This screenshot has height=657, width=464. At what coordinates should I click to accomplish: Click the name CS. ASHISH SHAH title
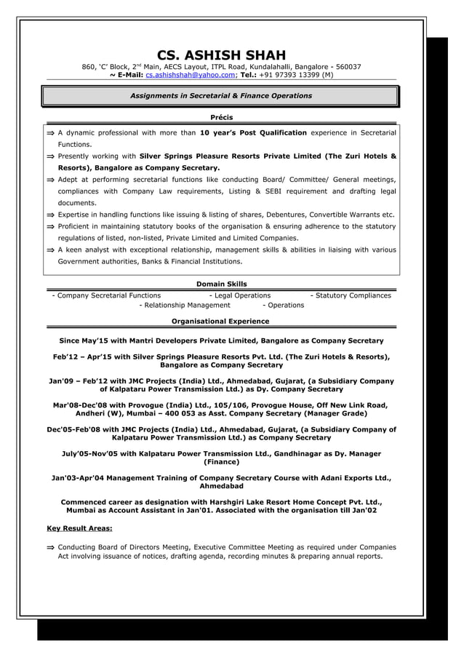point(221,55)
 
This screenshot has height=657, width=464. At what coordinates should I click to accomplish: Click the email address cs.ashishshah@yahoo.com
point(191,74)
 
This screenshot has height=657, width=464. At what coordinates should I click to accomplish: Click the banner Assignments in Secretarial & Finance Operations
point(220,95)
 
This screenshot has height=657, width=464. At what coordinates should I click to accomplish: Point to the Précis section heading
point(221,116)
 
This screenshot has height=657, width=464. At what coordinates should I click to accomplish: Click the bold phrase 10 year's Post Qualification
point(253,133)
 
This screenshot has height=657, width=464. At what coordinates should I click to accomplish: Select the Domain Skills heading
point(221,284)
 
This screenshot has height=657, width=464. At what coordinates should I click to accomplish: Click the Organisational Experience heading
point(220,321)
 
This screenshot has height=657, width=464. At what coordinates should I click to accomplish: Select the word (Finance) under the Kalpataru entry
point(221,462)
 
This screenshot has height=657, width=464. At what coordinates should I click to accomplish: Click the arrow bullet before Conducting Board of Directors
point(49,546)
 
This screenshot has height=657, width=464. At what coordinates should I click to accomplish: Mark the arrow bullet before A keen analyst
point(49,249)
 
